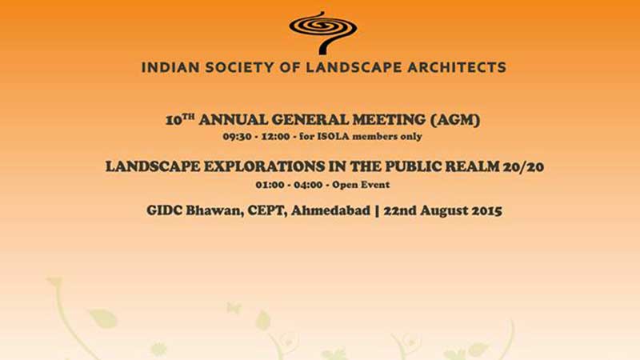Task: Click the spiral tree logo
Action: (x=323, y=33)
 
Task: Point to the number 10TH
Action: (x=180, y=119)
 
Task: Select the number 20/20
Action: (x=523, y=166)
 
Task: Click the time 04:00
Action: (x=308, y=185)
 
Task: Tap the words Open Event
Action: (x=361, y=185)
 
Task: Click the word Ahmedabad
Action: (x=330, y=210)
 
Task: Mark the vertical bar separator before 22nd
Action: (x=377, y=210)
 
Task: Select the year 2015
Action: (x=486, y=210)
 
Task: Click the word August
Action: (x=444, y=211)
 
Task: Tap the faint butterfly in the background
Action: (x=234, y=307)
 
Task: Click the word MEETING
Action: (x=389, y=120)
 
